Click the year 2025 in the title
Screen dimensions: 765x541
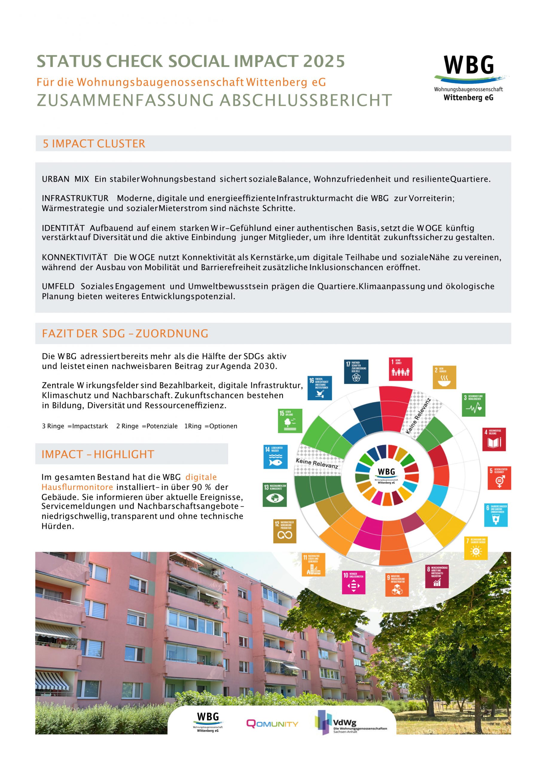(x=324, y=61)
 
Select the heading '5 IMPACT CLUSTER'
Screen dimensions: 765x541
(x=94, y=144)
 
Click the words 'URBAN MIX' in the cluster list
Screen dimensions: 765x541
(x=65, y=179)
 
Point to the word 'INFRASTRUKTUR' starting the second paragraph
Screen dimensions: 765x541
(x=75, y=198)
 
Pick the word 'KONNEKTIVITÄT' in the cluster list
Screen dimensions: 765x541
(x=75, y=257)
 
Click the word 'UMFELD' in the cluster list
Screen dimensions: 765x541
(x=58, y=286)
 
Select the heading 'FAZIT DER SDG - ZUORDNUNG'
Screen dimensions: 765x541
(x=125, y=333)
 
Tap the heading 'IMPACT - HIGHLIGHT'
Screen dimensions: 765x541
(x=98, y=454)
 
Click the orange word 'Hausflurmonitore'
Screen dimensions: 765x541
(x=77, y=487)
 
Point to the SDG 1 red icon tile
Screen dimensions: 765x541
(x=400, y=369)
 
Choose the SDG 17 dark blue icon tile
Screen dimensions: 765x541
(x=356, y=371)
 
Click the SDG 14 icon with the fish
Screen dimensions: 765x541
(x=275, y=457)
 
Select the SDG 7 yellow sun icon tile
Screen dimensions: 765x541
(x=476, y=548)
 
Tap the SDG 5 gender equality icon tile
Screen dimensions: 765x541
(x=499, y=478)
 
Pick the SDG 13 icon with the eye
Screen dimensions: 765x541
(x=275, y=495)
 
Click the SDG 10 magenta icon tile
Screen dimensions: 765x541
(x=353, y=583)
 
